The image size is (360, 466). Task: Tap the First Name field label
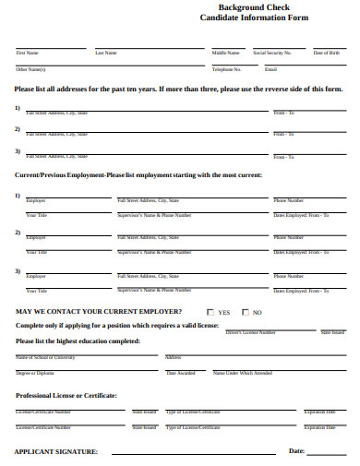(27, 53)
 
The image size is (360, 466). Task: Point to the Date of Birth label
(326, 53)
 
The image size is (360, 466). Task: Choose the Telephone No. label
(226, 69)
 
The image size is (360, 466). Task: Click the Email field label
(270, 69)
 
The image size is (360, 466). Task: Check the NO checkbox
(246, 313)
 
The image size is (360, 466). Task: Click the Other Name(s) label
(30, 69)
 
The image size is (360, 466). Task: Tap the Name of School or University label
(45, 356)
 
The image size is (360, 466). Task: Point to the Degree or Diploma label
(35, 373)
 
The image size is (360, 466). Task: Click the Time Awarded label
(180, 373)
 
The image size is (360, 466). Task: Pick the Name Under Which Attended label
(242, 373)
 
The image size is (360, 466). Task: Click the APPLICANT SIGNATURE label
(56, 451)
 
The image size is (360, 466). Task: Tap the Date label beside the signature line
(297, 450)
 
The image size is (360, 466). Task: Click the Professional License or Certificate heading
(66, 395)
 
